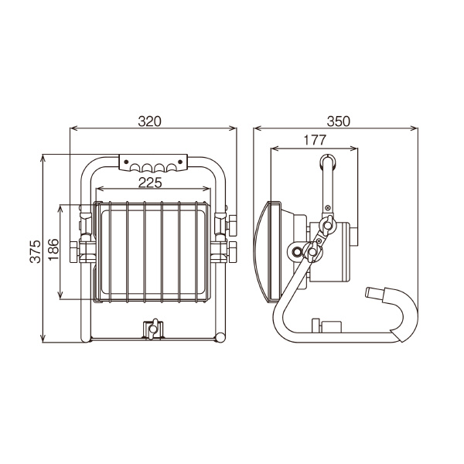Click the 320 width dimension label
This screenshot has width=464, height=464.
click(150, 121)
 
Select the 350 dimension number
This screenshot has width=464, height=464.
click(338, 121)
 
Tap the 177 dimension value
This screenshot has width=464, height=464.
click(315, 140)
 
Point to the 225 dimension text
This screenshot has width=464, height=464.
click(150, 183)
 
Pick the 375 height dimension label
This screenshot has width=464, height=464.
click(36, 251)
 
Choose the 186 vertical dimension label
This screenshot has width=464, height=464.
click(53, 250)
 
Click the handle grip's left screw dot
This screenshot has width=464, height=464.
click(126, 162)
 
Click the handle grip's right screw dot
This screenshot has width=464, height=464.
click(180, 162)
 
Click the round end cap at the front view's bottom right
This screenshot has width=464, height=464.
click(220, 338)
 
